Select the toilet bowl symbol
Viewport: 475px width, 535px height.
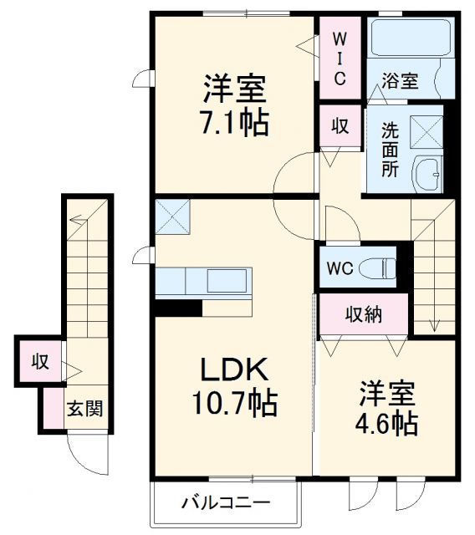coord(384,268)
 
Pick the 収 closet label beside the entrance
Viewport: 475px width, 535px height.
coord(39,362)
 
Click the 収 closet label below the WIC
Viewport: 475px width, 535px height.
coord(340,127)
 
